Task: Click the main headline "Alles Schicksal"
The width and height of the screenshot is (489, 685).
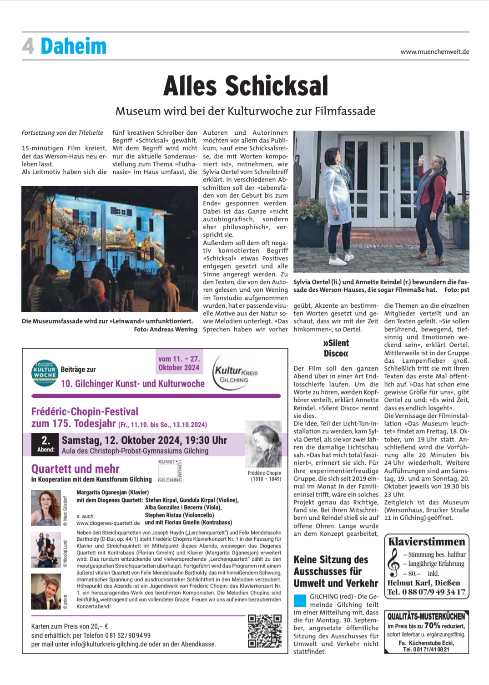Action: tap(245, 86)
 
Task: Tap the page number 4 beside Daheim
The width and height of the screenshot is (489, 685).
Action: tap(28, 46)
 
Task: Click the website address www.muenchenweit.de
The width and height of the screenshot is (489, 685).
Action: tap(434, 52)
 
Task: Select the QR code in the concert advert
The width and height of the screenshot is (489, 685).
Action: tap(264, 631)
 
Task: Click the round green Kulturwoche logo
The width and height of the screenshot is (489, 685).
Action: tap(44, 373)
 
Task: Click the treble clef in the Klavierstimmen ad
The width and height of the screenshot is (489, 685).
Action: tap(393, 563)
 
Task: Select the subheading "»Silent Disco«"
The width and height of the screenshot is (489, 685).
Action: tap(336, 348)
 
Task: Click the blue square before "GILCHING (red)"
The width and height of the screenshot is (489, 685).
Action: tap(300, 600)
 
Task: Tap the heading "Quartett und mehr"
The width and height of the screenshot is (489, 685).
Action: tap(75, 469)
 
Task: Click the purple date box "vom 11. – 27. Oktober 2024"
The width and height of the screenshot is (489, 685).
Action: tap(179, 363)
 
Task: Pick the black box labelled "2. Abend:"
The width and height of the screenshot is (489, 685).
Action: tap(45, 444)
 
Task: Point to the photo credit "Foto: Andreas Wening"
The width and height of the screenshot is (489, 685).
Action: tap(166, 329)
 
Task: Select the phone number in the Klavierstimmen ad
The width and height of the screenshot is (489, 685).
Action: tap(426, 592)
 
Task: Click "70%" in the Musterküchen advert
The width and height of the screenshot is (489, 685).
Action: tap(432, 625)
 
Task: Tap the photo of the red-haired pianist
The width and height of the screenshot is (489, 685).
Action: tap(45, 508)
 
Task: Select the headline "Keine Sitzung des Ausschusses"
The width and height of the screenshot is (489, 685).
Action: tap(336, 571)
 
